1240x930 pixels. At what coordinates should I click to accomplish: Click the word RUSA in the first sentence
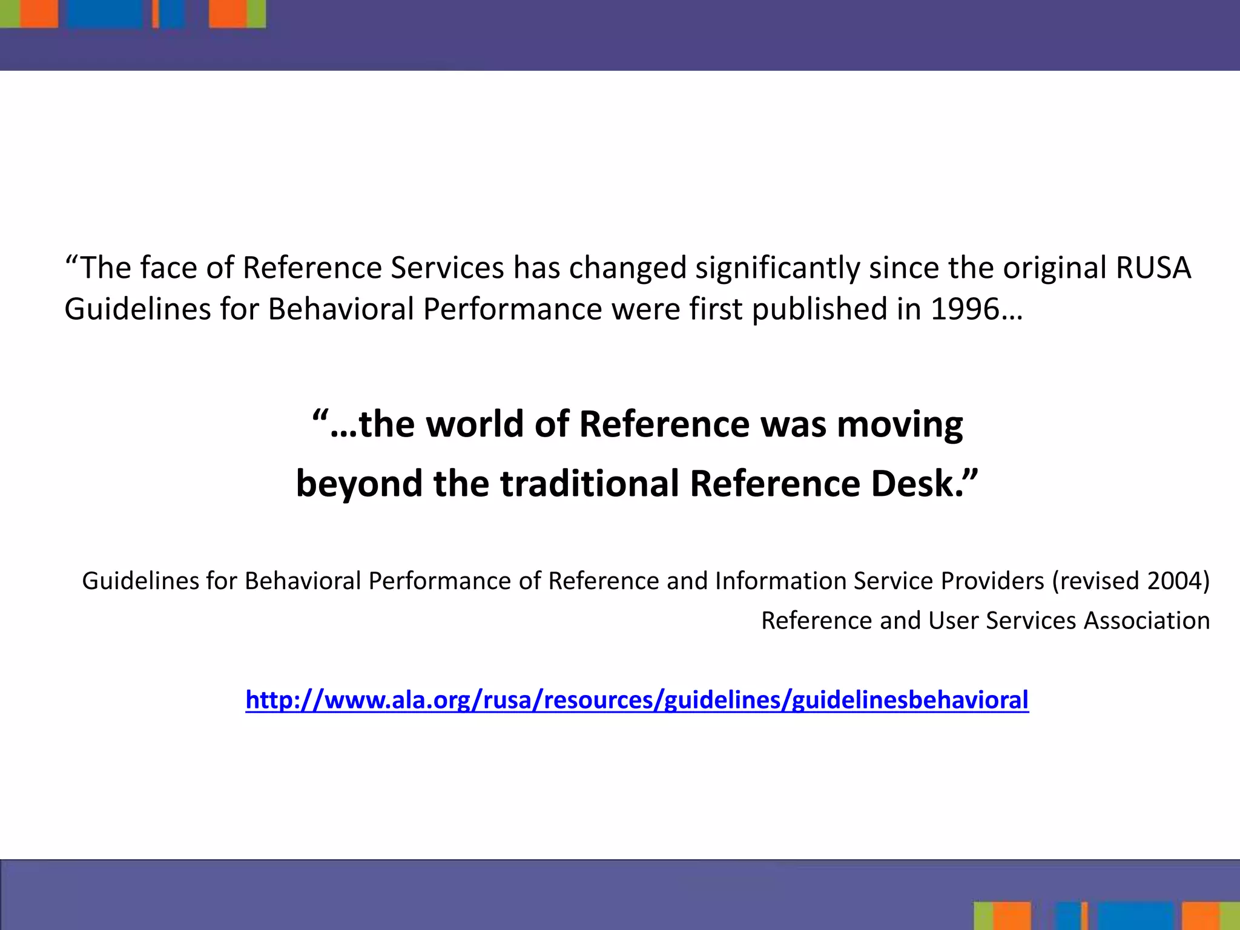[1153, 268]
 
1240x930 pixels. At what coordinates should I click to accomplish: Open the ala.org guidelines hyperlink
[637, 700]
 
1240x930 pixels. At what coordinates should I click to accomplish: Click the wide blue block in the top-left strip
[104, 13]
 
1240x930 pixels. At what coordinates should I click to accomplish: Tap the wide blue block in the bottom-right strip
[1135, 915]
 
